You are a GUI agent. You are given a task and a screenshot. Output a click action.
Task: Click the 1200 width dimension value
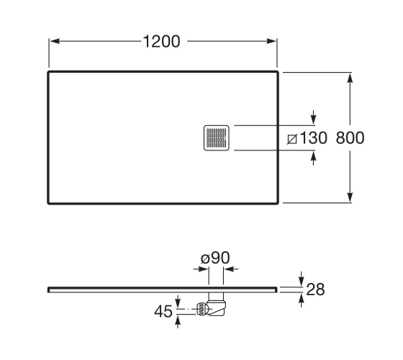(x=161, y=42)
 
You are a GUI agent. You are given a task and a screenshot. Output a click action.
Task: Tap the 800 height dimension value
(x=350, y=138)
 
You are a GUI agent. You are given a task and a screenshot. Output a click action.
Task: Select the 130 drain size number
(x=313, y=138)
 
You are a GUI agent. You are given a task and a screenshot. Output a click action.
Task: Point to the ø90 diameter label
(x=215, y=258)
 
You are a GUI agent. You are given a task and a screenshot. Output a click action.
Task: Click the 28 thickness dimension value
(x=315, y=289)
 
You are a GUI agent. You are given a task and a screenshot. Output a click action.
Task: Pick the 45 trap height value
(x=163, y=311)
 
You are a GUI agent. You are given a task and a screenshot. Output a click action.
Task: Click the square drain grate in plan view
(x=217, y=138)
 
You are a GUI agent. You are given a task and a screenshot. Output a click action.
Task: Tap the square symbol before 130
(x=292, y=139)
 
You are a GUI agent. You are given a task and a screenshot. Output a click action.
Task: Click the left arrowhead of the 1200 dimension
(x=55, y=41)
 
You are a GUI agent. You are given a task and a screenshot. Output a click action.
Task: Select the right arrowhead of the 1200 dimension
(x=271, y=41)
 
